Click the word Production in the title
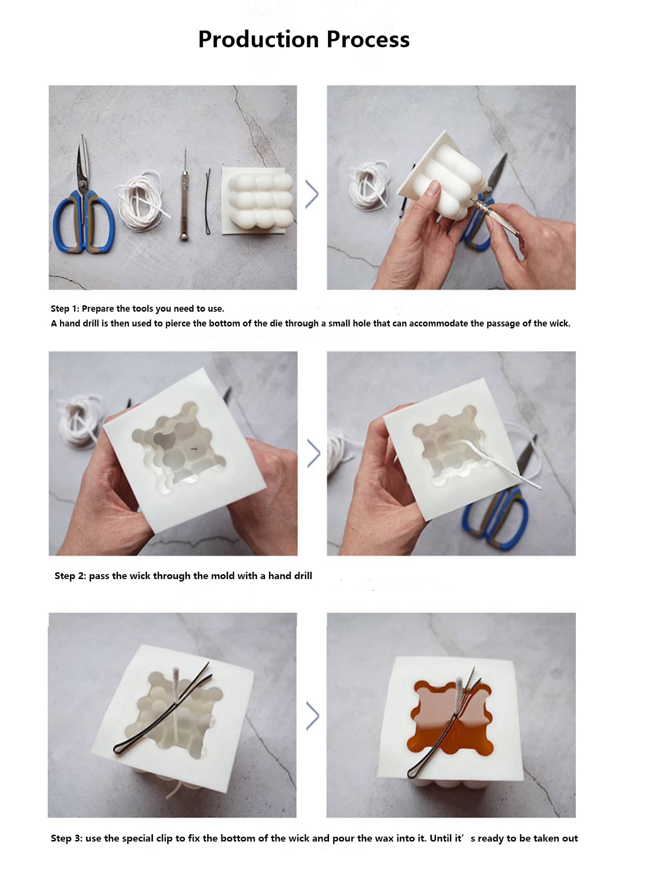point(258,39)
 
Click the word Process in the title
point(368,39)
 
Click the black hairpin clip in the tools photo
point(208,201)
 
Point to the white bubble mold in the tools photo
point(259,201)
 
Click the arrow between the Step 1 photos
point(312,194)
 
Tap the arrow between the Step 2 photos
point(313,453)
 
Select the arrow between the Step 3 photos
point(312,716)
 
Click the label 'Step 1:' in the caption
point(65,309)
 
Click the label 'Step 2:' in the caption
point(70,576)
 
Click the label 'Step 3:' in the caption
point(66,838)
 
